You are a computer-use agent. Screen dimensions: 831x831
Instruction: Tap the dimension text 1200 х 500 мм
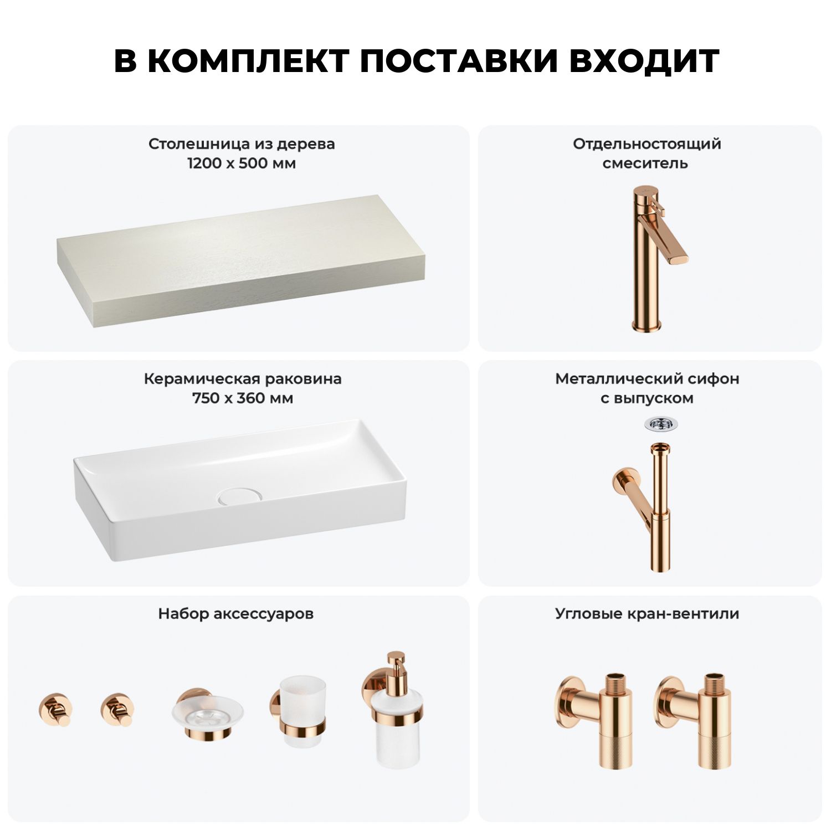(242, 163)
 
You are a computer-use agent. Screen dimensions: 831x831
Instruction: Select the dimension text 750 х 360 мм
(243, 398)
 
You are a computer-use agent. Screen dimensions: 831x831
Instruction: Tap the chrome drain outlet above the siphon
(660, 424)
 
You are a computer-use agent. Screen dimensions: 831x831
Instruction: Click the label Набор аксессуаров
(236, 614)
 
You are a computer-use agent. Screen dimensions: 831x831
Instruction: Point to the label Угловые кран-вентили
(647, 614)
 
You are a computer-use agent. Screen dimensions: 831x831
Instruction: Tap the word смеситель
(645, 163)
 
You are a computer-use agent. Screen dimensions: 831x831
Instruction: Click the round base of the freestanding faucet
(647, 325)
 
